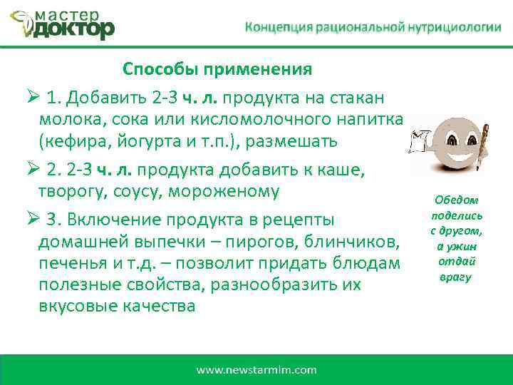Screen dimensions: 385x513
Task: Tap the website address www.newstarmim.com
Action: pyautogui.click(x=256, y=370)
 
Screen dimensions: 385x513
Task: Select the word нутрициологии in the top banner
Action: pyautogui.click(x=455, y=27)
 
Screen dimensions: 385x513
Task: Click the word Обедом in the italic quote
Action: pyautogui.click(x=456, y=201)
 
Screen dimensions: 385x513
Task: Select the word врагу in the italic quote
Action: pyautogui.click(x=455, y=277)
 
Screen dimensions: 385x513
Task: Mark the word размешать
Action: pyautogui.click(x=291, y=141)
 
